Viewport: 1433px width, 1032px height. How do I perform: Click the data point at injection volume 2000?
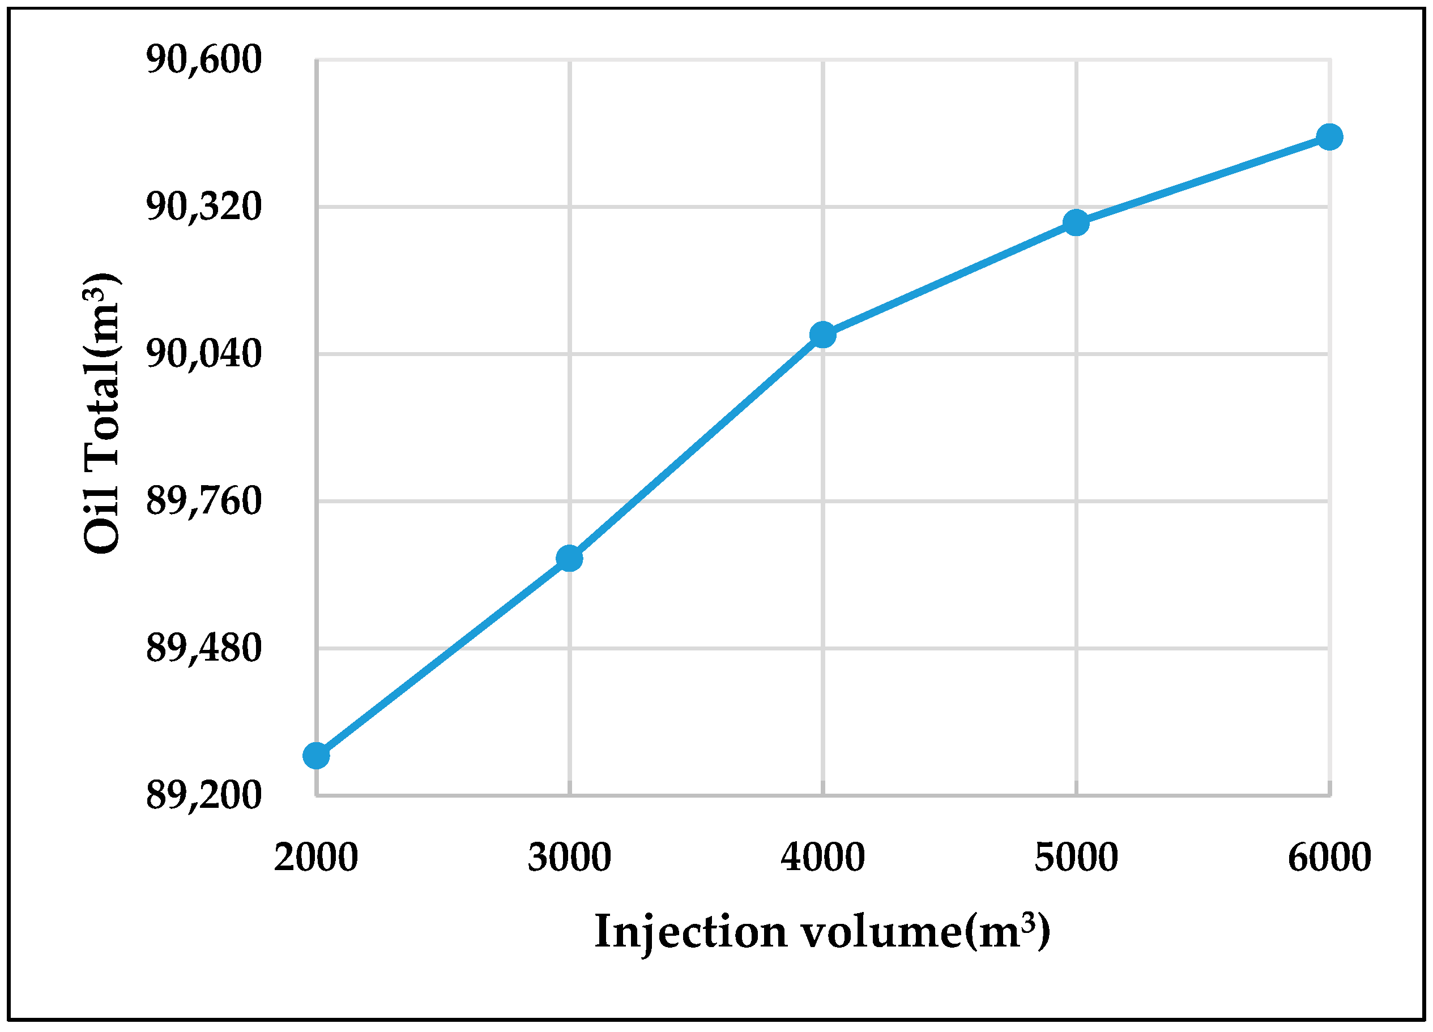316,755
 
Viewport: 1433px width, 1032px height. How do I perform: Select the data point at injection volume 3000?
569,558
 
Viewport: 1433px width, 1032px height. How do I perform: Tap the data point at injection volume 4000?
822,335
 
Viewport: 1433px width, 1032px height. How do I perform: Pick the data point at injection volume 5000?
1076,222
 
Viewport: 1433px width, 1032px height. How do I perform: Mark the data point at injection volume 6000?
1329,136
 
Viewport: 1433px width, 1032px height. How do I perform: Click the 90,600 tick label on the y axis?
203,60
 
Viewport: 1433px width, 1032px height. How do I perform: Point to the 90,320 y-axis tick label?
203,207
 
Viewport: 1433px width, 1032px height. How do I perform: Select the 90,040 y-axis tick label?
203,354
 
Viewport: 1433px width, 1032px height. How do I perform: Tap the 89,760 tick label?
203,501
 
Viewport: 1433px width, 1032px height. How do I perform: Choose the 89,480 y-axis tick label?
203,648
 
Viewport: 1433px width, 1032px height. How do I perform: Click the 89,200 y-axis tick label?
203,795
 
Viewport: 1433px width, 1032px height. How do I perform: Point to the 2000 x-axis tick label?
316,858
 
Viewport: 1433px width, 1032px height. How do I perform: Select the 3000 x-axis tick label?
569,858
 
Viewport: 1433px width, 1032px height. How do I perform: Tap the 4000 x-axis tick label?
822,858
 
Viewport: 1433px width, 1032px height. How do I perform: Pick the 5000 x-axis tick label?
1076,858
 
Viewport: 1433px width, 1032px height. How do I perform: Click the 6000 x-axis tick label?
1329,858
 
